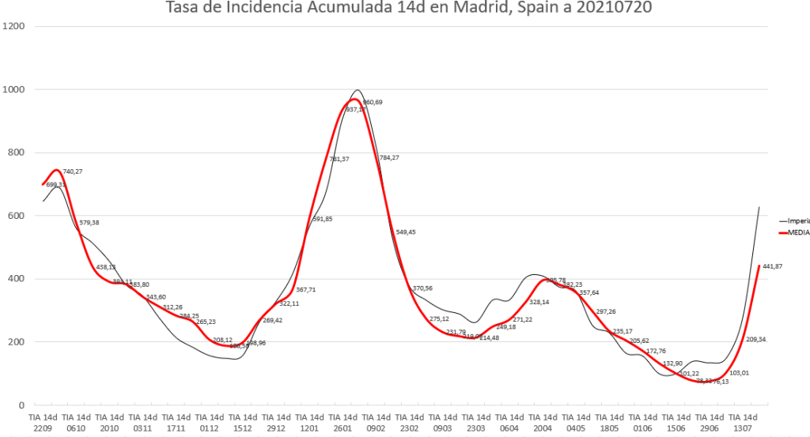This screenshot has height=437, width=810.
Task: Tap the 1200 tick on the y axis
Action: (15, 26)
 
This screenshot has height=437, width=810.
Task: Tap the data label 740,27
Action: (74, 171)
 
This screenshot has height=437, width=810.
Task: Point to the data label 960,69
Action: (373, 103)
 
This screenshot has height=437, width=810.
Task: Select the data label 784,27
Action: (389, 158)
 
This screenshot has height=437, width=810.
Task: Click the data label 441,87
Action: (770, 266)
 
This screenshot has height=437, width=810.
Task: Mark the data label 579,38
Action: (89, 223)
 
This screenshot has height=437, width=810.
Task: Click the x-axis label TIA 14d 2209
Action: (44, 421)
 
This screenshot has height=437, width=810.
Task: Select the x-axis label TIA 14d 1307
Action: (743, 421)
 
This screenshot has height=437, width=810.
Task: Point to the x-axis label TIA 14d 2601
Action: (343, 421)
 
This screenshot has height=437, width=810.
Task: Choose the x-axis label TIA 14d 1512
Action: (244, 421)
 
